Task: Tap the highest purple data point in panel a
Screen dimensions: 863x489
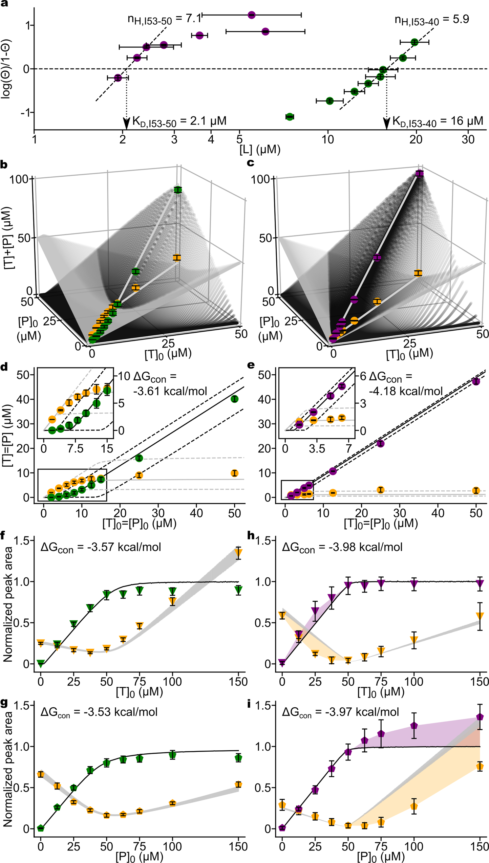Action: point(251,15)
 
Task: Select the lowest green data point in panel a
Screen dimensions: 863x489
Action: point(290,117)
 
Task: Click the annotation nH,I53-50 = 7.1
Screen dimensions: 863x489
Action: point(164,19)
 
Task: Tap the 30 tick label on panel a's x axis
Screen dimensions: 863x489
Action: point(468,139)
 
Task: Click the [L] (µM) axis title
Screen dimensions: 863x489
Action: point(260,149)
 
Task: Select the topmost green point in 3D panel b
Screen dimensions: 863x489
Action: point(178,190)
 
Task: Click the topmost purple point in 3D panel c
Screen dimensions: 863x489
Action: point(420,174)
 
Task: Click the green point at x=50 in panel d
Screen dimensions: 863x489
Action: point(234,399)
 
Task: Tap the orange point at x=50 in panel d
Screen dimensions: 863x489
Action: point(234,473)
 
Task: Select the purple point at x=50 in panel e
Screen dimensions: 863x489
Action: point(476,381)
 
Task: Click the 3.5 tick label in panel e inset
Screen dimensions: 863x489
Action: point(317,449)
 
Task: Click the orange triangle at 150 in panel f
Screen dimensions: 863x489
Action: point(238,553)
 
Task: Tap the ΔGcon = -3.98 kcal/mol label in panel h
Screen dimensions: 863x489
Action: point(342,547)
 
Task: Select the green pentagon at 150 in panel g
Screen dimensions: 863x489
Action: point(238,758)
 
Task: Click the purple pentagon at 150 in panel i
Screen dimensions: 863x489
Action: point(480,717)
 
